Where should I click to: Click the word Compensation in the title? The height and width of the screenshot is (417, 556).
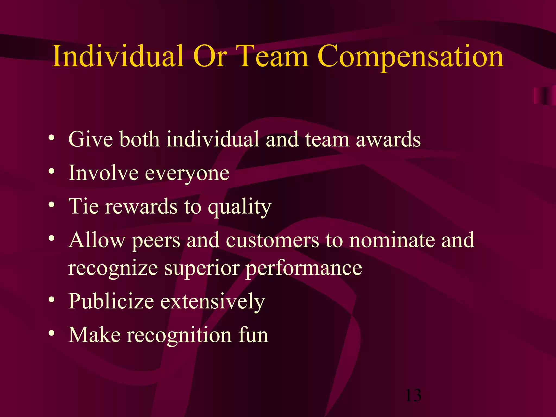[410, 57]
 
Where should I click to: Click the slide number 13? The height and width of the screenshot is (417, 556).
[413, 395]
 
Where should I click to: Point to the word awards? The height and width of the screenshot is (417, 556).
[388, 139]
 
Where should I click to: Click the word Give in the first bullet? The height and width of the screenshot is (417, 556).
[91, 139]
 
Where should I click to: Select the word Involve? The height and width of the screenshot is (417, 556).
[103, 173]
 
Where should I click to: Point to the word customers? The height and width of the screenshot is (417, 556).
[272, 241]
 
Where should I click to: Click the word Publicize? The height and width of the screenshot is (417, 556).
[111, 301]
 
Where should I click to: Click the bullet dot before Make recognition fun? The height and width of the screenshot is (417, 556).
[52, 333]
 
